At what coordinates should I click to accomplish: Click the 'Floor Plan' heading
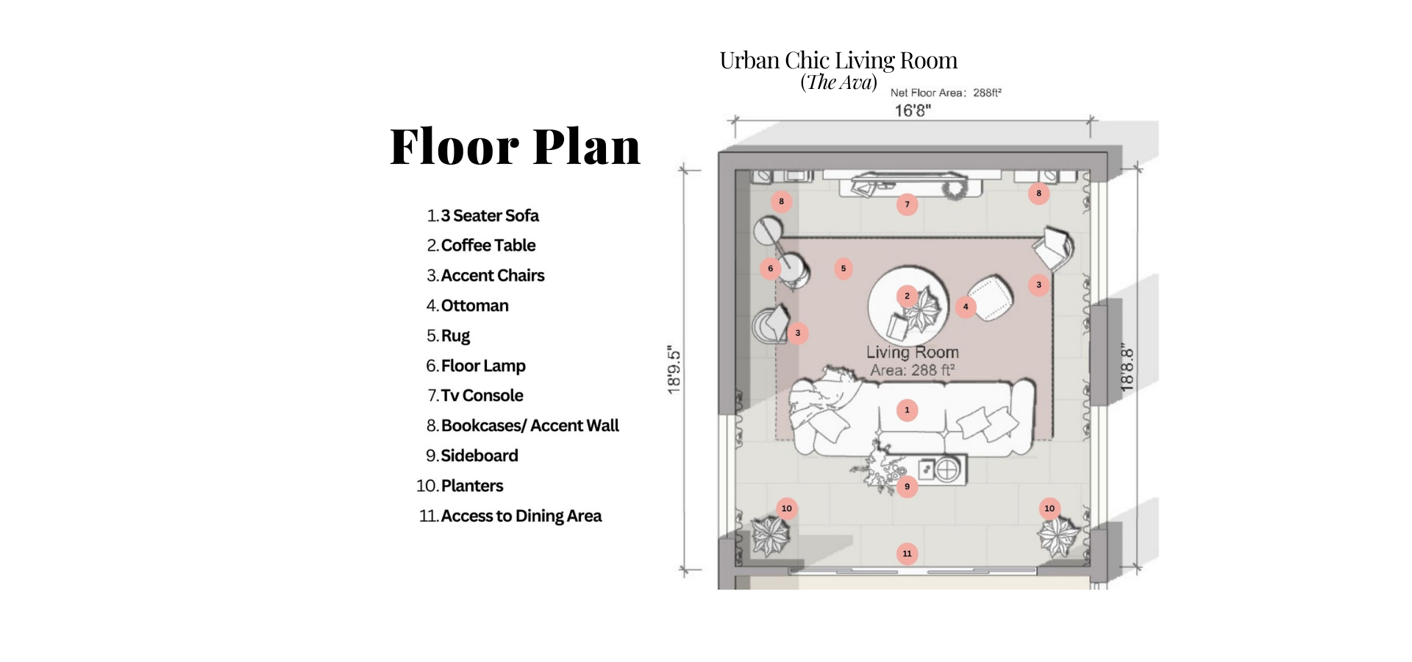pyautogui.click(x=515, y=146)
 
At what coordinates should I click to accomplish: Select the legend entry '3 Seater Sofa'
pyautogui.click(x=490, y=216)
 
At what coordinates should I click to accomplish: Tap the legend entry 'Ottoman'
pyautogui.click(x=474, y=305)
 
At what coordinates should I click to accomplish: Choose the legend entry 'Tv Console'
pyautogui.click(x=482, y=395)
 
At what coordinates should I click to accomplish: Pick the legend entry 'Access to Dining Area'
pyautogui.click(x=521, y=516)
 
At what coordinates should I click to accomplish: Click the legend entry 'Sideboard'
pyautogui.click(x=479, y=455)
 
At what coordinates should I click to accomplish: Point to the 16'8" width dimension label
pyautogui.click(x=913, y=110)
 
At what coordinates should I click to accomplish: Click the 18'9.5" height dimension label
pyautogui.click(x=674, y=370)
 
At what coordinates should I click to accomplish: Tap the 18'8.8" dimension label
pyautogui.click(x=1127, y=368)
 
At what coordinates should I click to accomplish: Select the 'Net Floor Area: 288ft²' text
pyautogui.click(x=946, y=93)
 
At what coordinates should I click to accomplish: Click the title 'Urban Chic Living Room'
pyautogui.click(x=838, y=60)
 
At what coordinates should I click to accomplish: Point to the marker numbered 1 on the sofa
pyautogui.click(x=907, y=410)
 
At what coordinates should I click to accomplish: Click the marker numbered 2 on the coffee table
pyautogui.click(x=907, y=296)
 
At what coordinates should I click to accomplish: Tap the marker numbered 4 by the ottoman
pyautogui.click(x=966, y=307)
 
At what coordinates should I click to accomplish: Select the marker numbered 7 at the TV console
pyautogui.click(x=907, y=204)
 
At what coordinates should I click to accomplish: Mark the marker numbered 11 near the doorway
pyautogui.click(x=907, y=554)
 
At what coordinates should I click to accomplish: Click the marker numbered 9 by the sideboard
pyautogui.click(x=907, y=486)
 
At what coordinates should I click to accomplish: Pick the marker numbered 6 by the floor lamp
pyautogui.click(x=770, y=268)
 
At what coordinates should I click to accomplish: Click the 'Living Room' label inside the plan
pyautogui.click(x=912, y=352)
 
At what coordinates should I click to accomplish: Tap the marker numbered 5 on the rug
pyautogui.click(x=844, y=268)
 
